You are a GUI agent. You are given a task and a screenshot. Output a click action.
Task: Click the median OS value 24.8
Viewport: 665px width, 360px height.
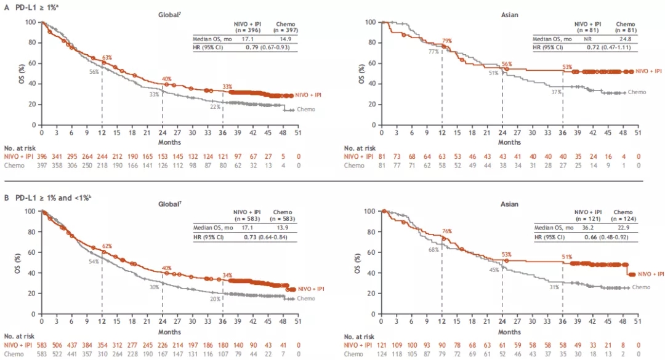[624, 38]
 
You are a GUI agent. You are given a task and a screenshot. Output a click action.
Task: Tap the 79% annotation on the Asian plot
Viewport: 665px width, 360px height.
[446, 41]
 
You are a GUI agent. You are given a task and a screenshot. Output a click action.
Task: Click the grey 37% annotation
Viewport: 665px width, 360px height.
[555, 92]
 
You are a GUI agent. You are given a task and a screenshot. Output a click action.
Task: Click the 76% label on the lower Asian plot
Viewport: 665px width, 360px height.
[446, 231]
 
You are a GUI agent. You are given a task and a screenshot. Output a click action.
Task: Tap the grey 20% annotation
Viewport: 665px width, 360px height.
[215, 299]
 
